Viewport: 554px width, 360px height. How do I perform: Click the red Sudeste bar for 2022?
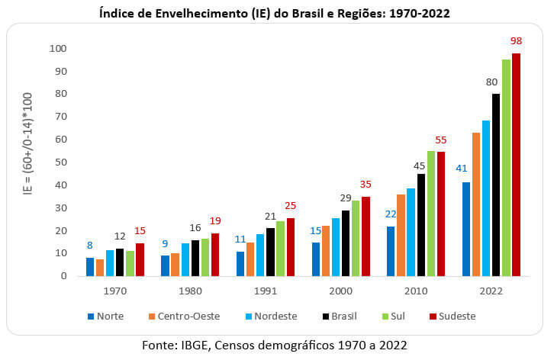516,165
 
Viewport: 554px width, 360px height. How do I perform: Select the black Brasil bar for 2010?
420,225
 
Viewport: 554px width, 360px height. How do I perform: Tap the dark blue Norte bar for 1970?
90,267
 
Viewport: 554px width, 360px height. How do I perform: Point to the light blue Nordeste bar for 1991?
260,255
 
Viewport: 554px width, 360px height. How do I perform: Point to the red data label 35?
366,183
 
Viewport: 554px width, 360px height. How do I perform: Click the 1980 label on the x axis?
191,291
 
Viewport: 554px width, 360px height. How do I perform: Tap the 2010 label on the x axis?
416,291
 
